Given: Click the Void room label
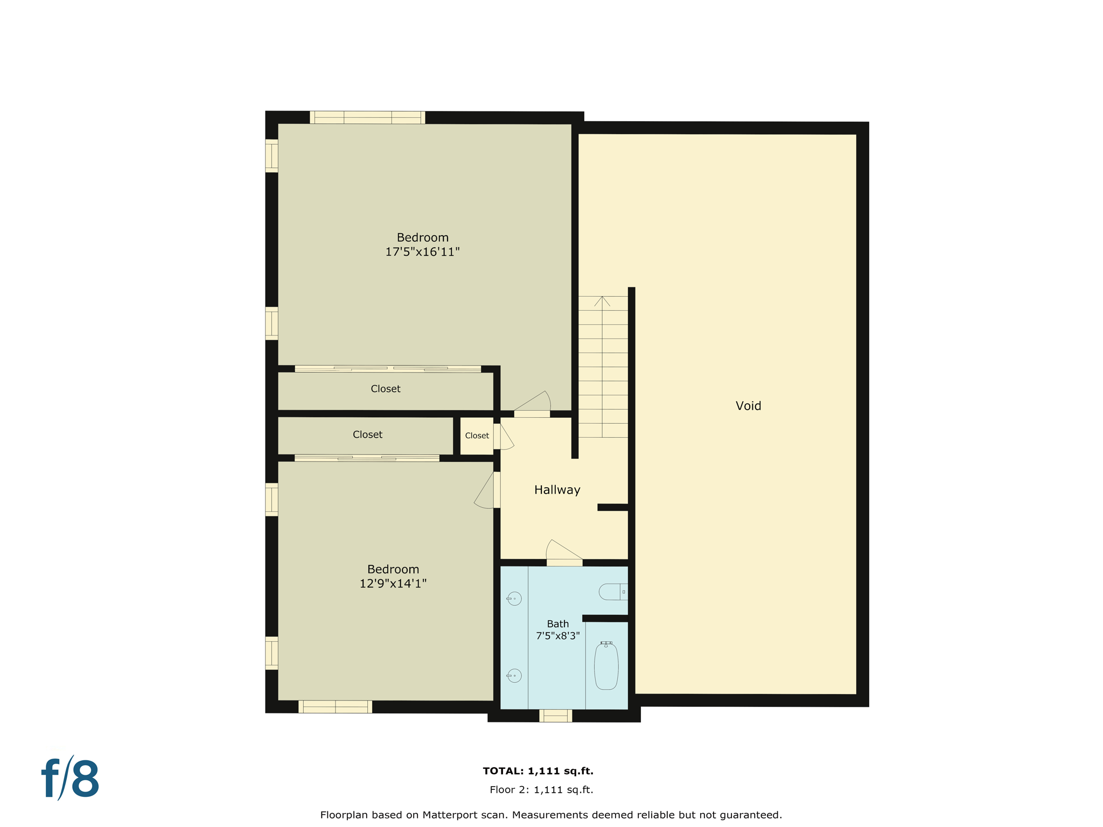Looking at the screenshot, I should click(748, 406).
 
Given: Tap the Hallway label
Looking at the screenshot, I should click(557, 490).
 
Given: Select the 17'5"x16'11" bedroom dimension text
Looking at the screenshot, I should click(422, 252).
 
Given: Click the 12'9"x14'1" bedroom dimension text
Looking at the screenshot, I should click(393, 584).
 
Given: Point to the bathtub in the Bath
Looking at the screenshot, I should click(606, 667).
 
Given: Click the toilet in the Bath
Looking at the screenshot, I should click(612, 592).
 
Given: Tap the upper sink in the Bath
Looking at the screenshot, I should click(514, 599).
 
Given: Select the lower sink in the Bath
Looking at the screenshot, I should click(514, 676).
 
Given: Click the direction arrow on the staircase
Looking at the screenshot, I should click(602, 302).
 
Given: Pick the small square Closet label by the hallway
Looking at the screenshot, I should click(477, 436).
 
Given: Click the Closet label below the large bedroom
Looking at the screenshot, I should click(385, 389).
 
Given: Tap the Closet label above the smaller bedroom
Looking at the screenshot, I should click(367, 434).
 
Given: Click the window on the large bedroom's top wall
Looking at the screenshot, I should click(367, 117).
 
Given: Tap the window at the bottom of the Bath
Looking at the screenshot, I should click(555, 716).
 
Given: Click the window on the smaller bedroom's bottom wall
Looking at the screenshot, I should click(335, 707).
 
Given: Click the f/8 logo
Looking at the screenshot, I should click(71, 779).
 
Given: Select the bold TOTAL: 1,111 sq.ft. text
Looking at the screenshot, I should click(537, 771).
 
